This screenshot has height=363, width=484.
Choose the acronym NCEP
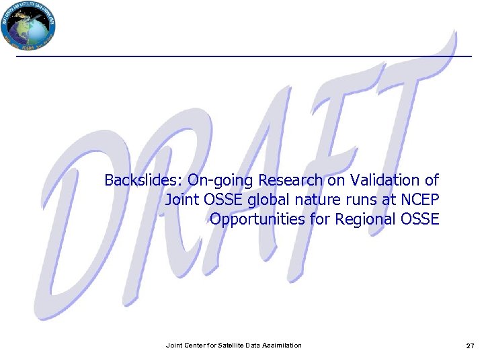tap(419, 200)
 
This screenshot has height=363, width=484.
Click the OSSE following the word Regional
tap(419, 219)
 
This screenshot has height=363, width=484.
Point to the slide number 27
tap(470, 346)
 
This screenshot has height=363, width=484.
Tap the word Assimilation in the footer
tap(280, 346)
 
